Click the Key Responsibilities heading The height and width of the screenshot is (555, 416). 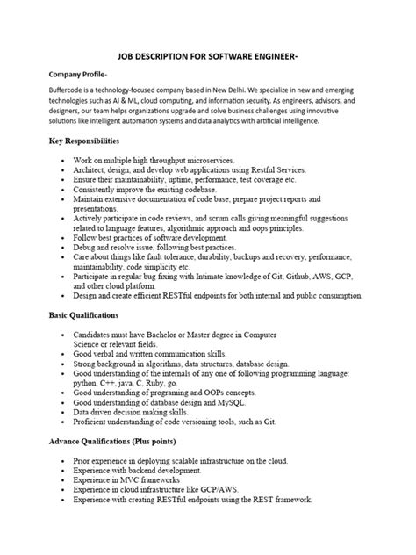(90, 141)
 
